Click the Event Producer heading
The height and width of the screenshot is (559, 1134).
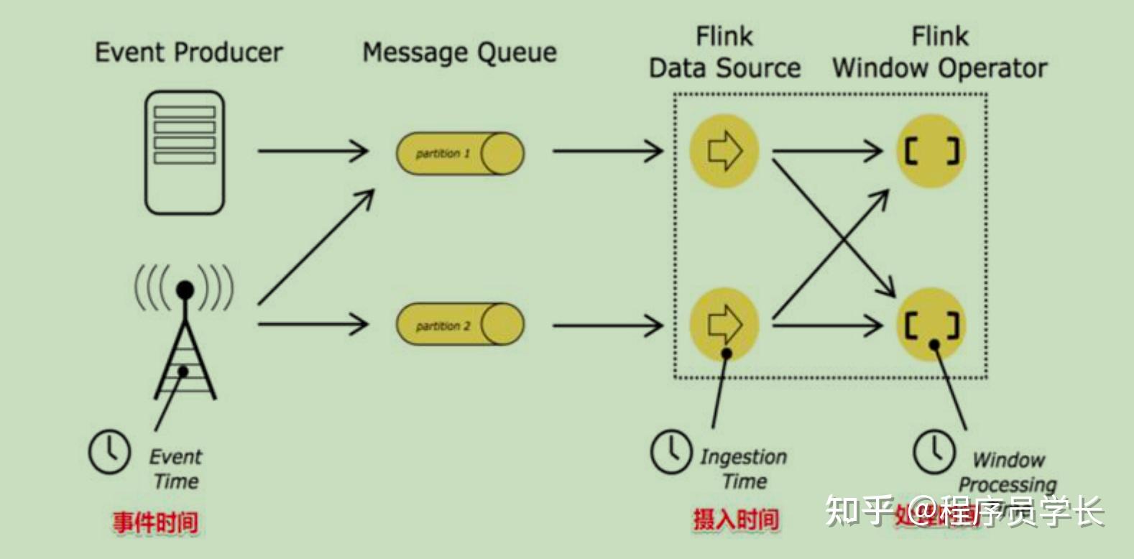pos(188,52)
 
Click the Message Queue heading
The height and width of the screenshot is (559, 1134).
pos(459,52)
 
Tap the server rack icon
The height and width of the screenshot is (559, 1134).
pos(185,152)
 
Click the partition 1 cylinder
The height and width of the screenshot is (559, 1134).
pos(460,153)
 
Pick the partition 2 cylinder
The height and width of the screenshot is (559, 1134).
pos(460,325)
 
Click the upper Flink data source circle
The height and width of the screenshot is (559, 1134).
pos(724,151)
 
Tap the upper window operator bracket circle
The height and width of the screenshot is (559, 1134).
pos(931,152)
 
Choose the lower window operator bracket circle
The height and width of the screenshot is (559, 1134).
pos(931,324)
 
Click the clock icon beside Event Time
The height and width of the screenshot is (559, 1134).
pos(109,452)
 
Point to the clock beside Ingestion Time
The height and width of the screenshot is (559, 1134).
pos(671,452)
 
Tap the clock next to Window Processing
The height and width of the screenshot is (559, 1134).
pos(934,452)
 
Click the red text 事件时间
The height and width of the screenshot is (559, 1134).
pos(155,522)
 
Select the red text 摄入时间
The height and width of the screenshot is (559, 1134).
pos(735,519)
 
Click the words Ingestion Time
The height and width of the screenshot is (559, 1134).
pos(743,468)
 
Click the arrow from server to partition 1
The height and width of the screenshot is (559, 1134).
pos(313,151)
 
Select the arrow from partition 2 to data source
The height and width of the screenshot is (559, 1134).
pos(607,325)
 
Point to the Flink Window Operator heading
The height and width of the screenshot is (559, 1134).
pos(939,52)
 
